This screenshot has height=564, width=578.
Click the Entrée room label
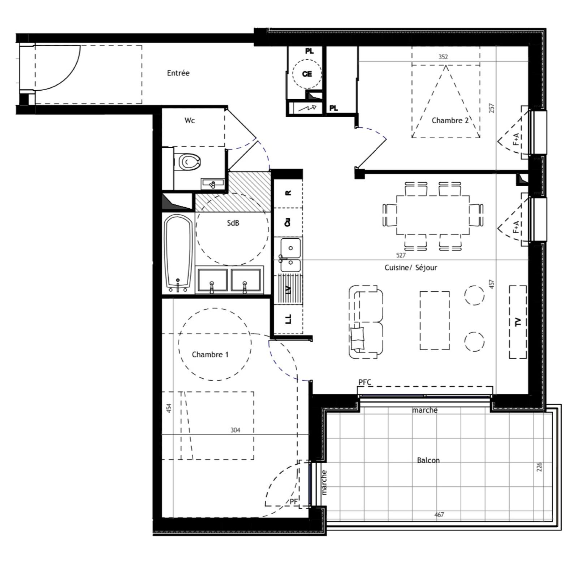click(178, 73)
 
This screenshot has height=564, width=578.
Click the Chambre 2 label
click(450, 121)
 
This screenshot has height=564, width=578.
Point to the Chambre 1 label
click(210, 355)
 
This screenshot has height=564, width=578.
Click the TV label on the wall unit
click(518, 322)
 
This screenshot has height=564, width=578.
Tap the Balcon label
click(428, 460)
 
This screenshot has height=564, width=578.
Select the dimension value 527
click(401, 255)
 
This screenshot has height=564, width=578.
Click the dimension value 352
click(443, 57)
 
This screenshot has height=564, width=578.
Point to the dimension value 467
click(439, 515)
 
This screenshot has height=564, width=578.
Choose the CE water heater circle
click(307, 74)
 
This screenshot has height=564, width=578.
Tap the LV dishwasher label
click(288, 290)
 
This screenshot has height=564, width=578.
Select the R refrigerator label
click(288, 193)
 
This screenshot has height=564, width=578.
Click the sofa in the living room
click(366, 322)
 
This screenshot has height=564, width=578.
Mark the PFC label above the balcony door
click(365, 382)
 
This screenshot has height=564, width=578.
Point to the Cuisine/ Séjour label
click(411, 268)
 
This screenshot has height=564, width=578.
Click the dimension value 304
click(235, 430)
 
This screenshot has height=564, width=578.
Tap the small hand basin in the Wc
click(212, 184)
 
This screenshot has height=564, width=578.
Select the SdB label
click(233, 223)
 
